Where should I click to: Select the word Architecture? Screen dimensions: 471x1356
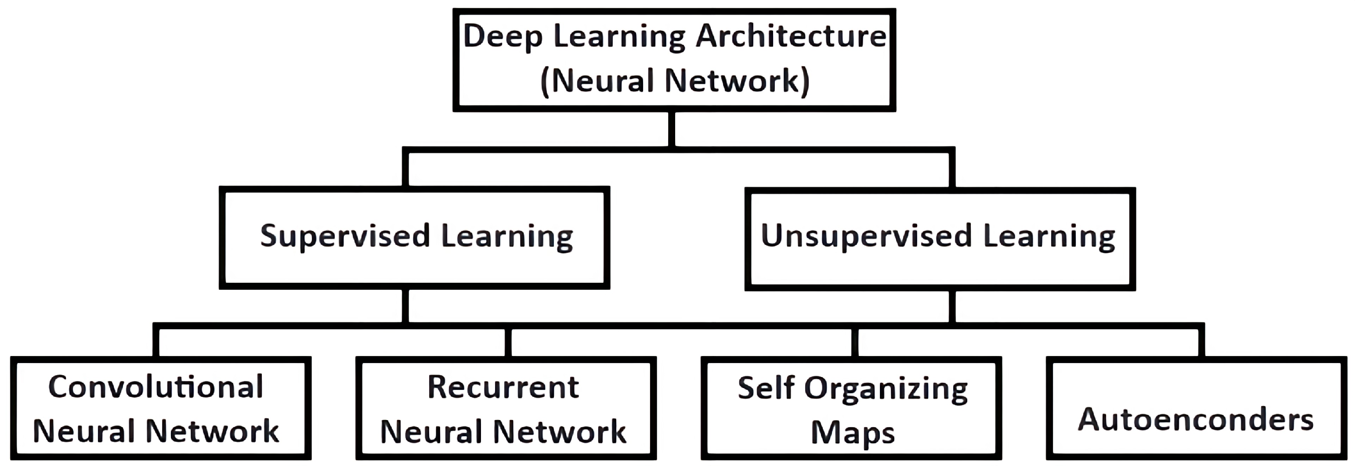click(791, 37)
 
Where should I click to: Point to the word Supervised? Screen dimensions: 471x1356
click(345, 236)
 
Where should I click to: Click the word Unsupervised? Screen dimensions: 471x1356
click(866, 236)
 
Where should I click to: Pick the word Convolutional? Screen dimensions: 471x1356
click(156, 387)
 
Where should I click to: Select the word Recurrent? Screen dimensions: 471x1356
click(503, 387)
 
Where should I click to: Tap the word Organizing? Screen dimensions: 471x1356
click(886, 389)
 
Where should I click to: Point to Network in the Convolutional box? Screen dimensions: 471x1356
click(212, 431)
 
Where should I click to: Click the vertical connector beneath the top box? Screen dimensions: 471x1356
click(672, 129)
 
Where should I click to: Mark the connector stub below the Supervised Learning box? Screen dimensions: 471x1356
click(405, 305)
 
